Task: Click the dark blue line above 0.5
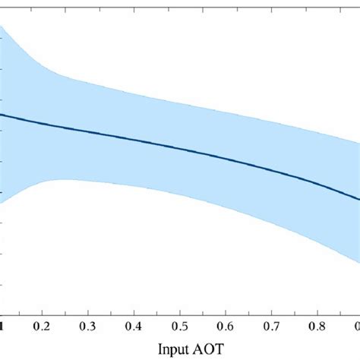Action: pyautogui.click(x=180, y=147)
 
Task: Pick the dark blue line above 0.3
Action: pyautogui.click(x=90, y=131)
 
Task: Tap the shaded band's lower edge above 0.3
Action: pyautogui.click(x=90, y=180)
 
